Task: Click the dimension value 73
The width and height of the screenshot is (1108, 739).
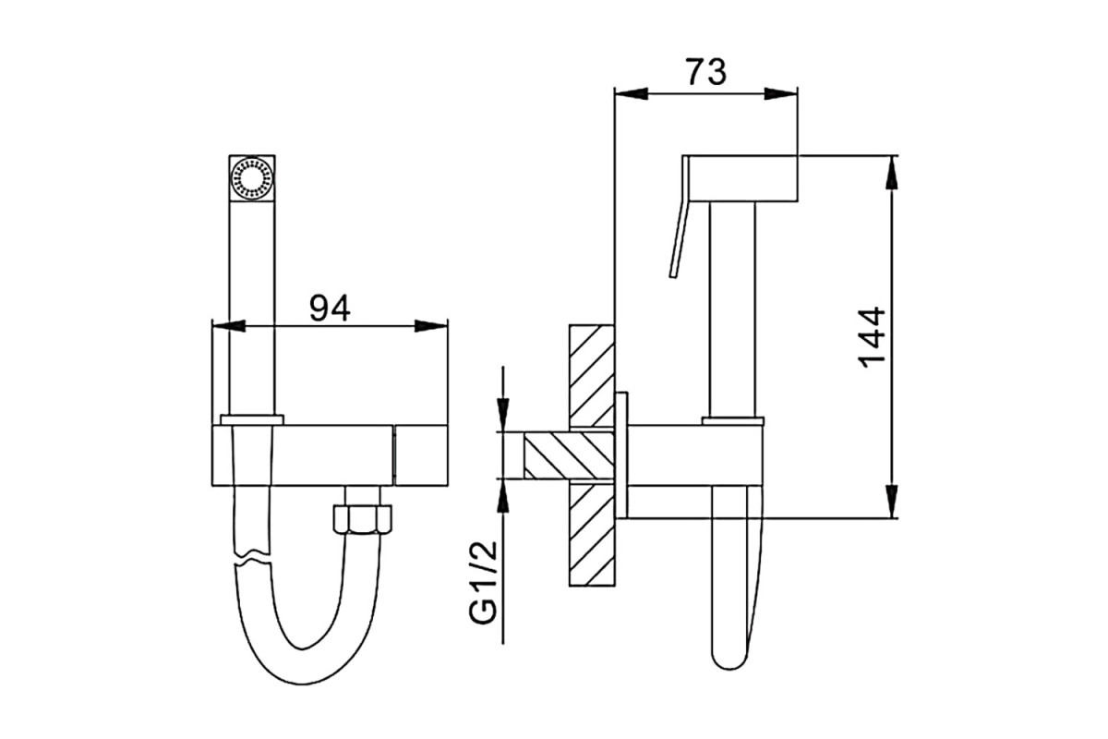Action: (x=706, y=72)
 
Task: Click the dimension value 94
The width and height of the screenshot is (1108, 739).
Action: (x=330, y=308)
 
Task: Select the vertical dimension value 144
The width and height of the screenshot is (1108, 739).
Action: (x=871, y=337)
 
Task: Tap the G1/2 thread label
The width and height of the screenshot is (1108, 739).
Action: (x=482, y=583)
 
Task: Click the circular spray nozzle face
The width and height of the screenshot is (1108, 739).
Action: (x=252, y=177)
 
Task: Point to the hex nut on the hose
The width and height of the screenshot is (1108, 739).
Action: (x=363, y=518)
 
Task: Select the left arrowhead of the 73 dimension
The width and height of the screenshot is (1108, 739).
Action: (x=631, y=93)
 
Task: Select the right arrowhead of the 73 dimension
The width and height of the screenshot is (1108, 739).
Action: (x=780, y=93)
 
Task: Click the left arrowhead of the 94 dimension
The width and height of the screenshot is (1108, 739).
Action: (x=229, y=326)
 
